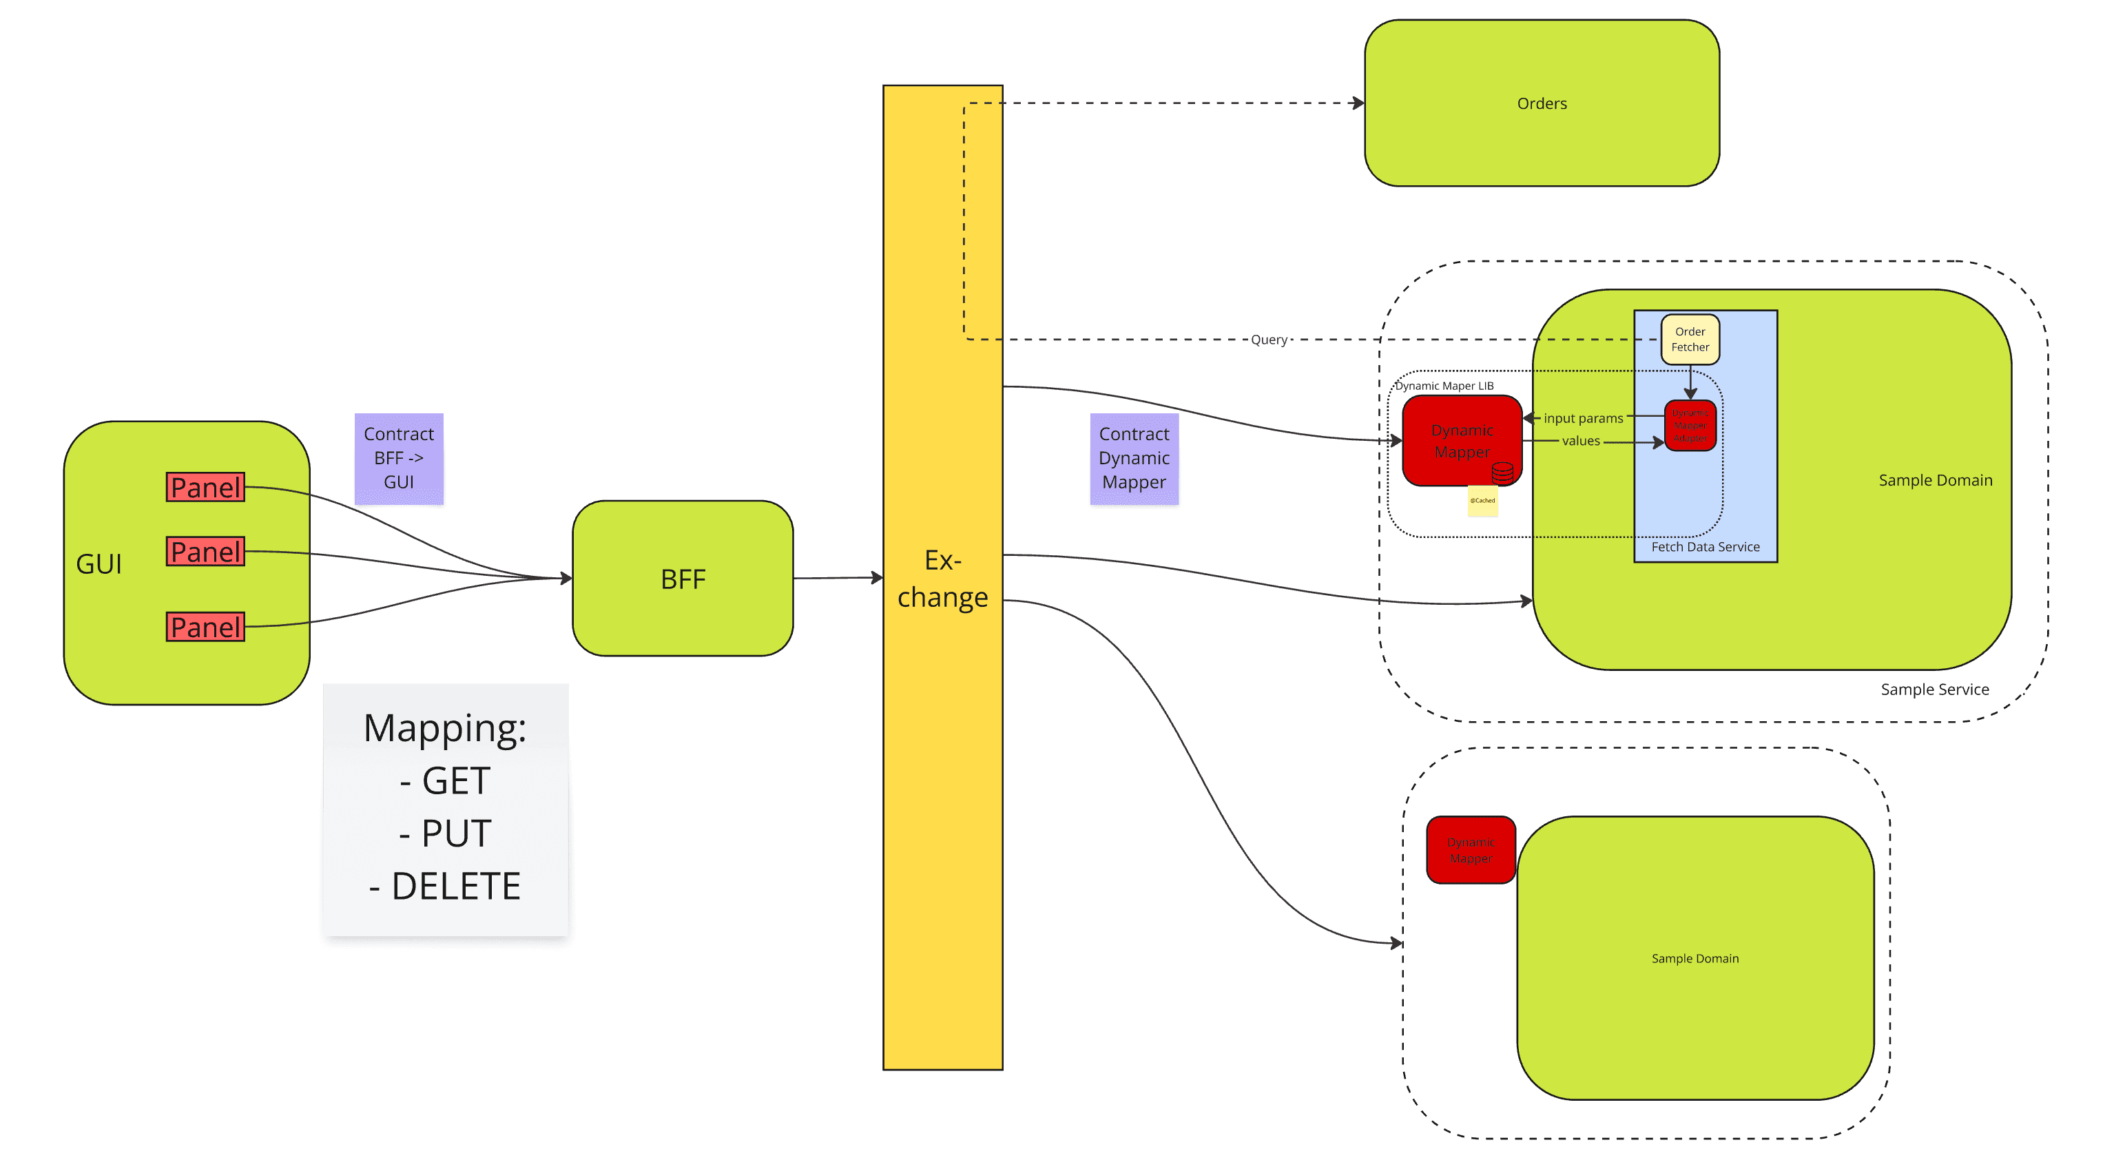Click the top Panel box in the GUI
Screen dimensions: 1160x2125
tap(205, 487)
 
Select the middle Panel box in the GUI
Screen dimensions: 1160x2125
tap(205, 551)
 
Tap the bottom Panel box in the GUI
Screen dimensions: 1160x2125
tap(205, 626)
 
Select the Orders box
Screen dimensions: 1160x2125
tap(1541, 103)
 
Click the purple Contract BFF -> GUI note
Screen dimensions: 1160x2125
tap(398, 458)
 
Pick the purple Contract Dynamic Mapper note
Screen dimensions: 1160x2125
tap(1133, 458)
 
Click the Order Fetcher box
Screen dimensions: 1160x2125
tap(1690, 339)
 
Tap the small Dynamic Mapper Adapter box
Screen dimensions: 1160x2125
tap(1690, 426)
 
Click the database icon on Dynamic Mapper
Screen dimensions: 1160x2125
tap(1502, 472)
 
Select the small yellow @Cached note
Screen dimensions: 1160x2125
tap(1482, 501)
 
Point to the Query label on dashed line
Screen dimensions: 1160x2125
tap(1268, 339)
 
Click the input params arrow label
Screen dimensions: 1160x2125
tap(1582, 418)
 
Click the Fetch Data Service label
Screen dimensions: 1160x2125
tap(1704, 546)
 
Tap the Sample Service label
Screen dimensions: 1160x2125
tap(1934, 689)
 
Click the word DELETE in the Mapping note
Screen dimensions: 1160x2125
tap(455, 886)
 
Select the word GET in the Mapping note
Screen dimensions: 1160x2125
tap(455, 780)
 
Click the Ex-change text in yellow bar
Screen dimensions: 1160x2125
tap(942, 579)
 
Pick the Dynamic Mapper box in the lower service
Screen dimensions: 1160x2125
tap(1470, 850)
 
